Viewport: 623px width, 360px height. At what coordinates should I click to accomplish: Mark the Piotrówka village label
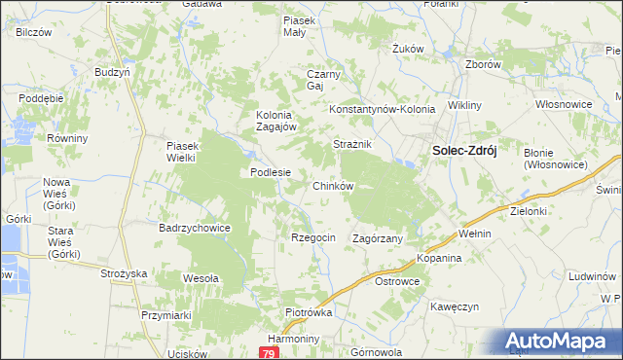(x=310, y=312)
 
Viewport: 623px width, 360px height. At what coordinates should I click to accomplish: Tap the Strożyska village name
(x=123, y=273)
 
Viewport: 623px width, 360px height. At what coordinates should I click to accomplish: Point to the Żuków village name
(x=407, y=48)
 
